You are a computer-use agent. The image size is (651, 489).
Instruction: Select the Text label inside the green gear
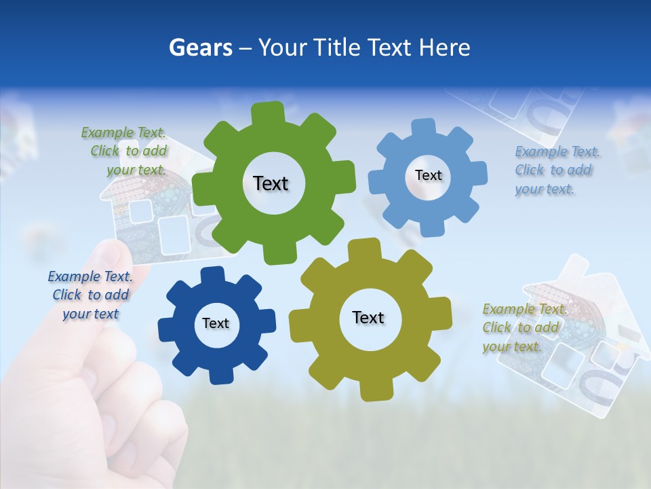(x=271, y=183)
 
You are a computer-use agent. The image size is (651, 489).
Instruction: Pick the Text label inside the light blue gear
(x=428, y=175)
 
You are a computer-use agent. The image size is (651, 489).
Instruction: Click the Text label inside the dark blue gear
(x=216, y=323)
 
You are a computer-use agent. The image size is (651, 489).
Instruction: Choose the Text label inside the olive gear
(x=368, y=317)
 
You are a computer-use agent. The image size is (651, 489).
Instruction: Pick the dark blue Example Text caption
(x=91, y=295)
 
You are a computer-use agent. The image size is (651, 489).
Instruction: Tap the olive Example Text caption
(x=522, y=327)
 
